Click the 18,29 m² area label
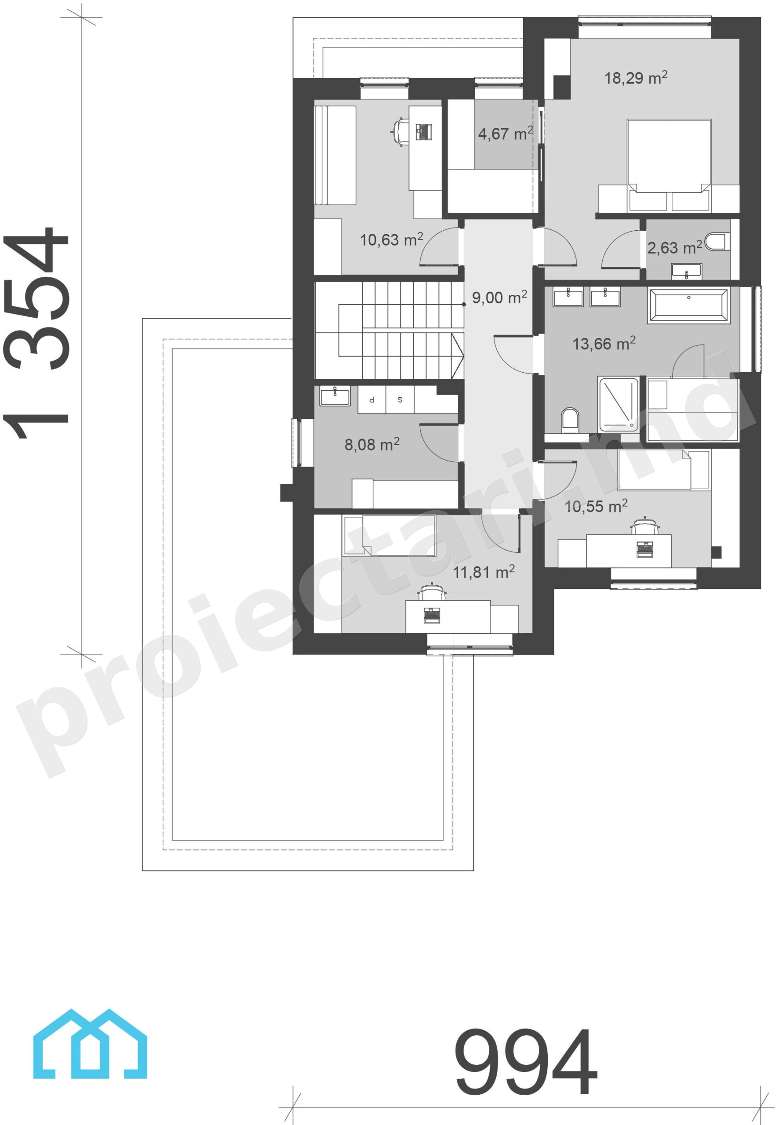click(x=636, y=78)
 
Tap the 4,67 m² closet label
click(x=505, y=133)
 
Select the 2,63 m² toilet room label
click(x=674, y=247)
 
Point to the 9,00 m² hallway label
click(x=499, y=297)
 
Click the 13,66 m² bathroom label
click(x=604, y=344)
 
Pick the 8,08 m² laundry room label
click(x=372, y=444)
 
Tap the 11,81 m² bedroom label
click(x=484, y=571)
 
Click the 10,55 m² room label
click(x=596, y=506)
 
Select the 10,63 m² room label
click(x=391, y=240)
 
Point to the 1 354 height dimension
click(x=36, y=333)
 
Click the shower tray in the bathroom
click(x=618, y=404)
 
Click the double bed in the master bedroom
click(x=669, y=165)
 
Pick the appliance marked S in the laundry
click(x=400, y=399)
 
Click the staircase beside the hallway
click(x=389, y=330)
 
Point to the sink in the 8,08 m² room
click(x=335, y=396)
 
